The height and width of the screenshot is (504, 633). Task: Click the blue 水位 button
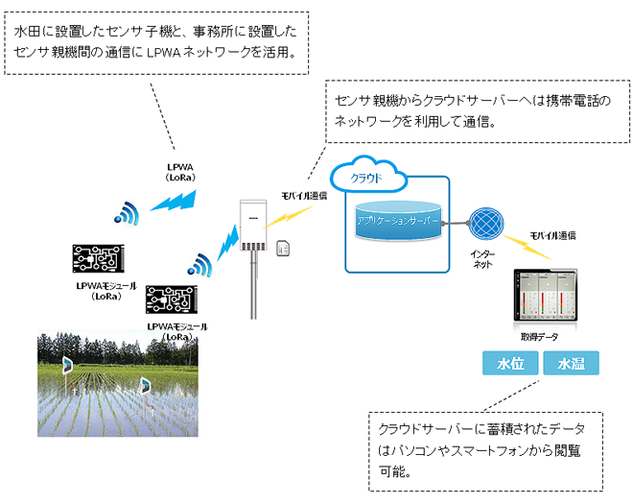(x=508, y=363)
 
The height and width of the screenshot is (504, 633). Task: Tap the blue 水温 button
(x=571, y=363)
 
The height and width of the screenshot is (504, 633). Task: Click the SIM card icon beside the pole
(x=283, y=248)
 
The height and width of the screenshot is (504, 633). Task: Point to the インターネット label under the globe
(x=483, y=258)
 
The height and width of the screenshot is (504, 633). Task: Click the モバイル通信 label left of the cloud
(x=303, y=195)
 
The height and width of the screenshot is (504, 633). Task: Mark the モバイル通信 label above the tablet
(x=552, y=235)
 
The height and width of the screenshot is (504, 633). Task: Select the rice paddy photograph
(x=110, y=384)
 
